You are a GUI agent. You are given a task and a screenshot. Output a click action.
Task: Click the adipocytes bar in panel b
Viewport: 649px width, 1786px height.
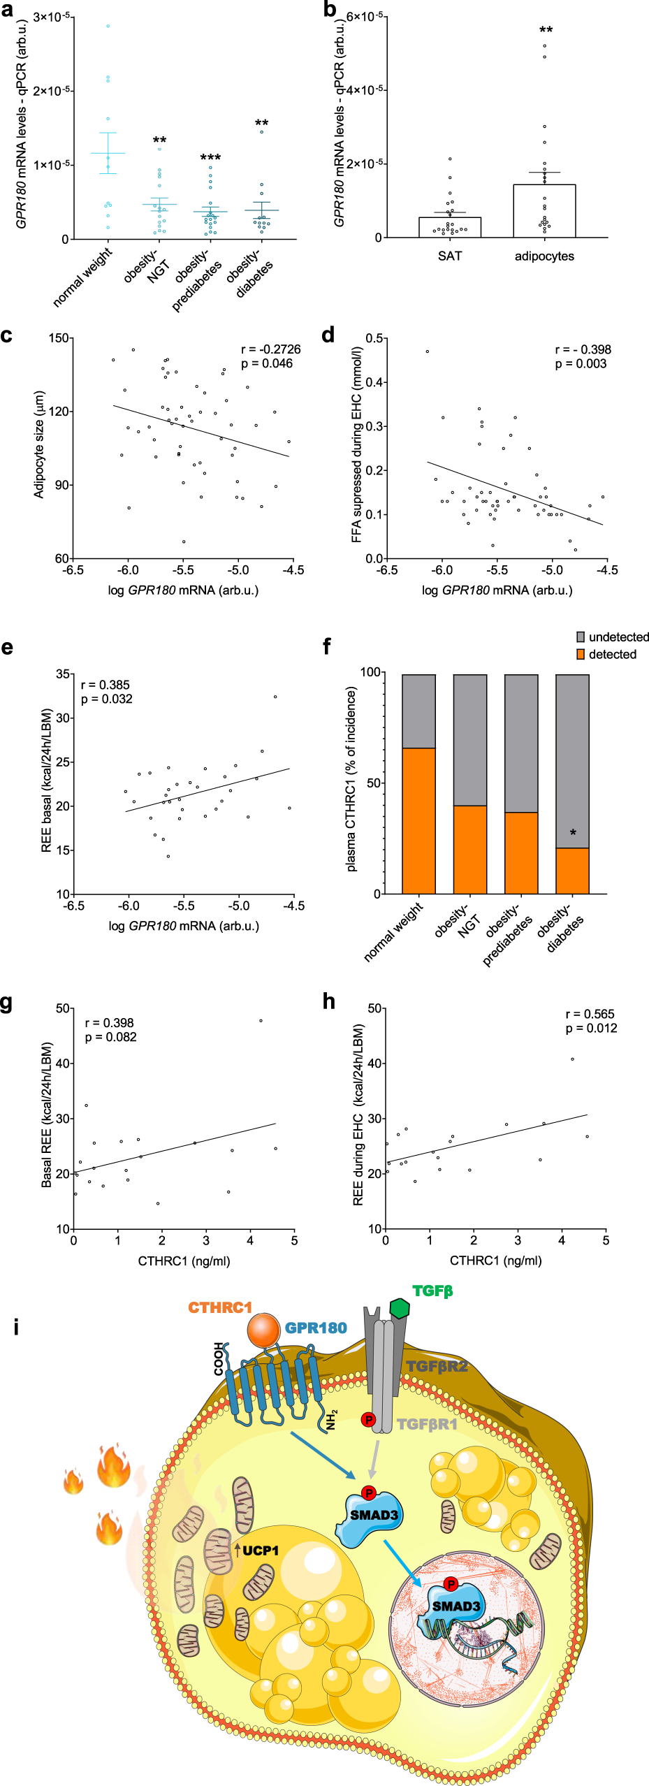[544, 211]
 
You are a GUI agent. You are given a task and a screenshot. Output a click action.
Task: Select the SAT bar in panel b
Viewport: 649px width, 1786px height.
[450, 227]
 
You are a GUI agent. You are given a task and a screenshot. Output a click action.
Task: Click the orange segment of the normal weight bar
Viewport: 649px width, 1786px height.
[418, 820]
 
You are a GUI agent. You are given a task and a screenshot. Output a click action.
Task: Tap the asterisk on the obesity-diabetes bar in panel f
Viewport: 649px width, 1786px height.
[573, 833]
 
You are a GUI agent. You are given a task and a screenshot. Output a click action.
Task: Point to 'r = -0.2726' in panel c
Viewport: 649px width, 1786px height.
[271, 349]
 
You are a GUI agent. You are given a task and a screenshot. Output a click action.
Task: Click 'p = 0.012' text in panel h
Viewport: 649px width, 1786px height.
[591, 1029]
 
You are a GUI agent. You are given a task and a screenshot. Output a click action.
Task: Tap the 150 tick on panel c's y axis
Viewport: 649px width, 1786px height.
[59, 338]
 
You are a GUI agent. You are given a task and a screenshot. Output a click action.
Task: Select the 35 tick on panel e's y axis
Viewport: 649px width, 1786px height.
[63, 674]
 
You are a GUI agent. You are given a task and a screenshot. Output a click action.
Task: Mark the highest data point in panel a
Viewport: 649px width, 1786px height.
[108, 26]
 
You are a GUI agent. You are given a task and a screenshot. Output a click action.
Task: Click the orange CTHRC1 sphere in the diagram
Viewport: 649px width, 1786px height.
[263, 1330]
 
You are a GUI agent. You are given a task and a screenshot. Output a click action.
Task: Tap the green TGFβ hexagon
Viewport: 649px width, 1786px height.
[400, 1308]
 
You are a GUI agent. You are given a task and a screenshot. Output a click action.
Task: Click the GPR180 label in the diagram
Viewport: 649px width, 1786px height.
[316, 1328]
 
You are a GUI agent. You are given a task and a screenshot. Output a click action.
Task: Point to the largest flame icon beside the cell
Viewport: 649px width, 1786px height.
[114, 1467]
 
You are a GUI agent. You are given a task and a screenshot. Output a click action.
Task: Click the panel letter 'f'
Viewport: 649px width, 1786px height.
[326, 647]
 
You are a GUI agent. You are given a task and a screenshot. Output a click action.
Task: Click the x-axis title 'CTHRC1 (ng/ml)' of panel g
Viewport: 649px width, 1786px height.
[184, 1261]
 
